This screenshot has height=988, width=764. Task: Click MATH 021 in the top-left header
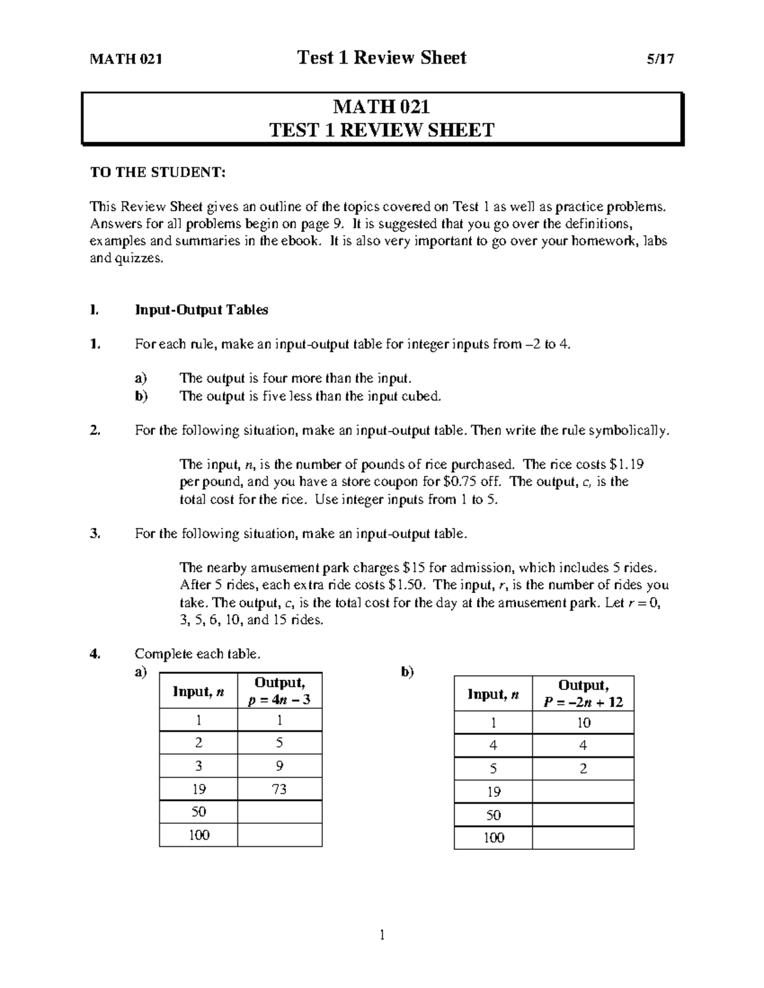pos(126,59)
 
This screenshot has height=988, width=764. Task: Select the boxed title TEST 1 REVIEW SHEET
pos(382,130)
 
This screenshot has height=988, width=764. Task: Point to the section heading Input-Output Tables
pos(201,310)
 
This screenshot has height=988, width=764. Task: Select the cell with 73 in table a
pos(279,789)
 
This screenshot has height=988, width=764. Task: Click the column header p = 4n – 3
pos(279,700)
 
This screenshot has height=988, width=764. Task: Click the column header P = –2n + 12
pos(583,702)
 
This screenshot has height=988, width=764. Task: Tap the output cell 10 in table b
pos(583,723)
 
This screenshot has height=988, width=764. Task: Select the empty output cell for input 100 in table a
pos(279,835)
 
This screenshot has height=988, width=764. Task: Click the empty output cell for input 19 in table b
pos(583,791)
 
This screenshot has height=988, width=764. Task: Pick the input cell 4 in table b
pos(493,746)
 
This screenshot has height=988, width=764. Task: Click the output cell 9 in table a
pos(279,766)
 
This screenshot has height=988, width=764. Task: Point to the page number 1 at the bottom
pos(382,935)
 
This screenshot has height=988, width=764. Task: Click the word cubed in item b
pos(421,396)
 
